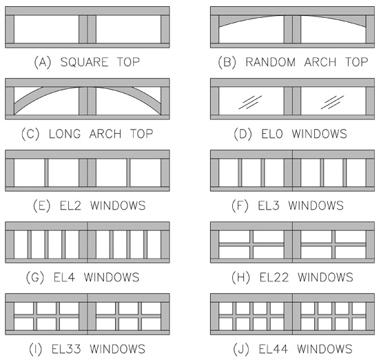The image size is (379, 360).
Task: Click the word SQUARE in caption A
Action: click(x=84, y=62)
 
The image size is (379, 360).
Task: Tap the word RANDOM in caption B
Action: click(x=271, y=62)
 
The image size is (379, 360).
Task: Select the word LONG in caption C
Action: click(x=65, y=134)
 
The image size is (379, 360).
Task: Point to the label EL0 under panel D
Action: click(x=272, y=134)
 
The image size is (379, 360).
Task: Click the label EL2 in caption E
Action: click(x=70, y=206)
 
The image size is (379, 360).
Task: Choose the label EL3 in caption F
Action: click(x=269, y=206)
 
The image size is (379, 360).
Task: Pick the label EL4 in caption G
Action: click(x=64, y=277)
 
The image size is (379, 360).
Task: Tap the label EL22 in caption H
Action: click(x=274, y=277)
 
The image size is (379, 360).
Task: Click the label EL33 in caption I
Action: click(x=66, y=349)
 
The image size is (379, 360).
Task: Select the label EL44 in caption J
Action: click(x=273, y=349)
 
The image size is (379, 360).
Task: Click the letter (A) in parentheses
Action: click(x=43, y=62)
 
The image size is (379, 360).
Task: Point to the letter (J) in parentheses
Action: click(x=240, y=349)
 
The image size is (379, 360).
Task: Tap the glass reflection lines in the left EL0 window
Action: click(x=250, y=102)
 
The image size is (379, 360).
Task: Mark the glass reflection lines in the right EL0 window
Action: click(x=332, y=102)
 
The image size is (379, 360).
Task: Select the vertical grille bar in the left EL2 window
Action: click(x=46, y=172)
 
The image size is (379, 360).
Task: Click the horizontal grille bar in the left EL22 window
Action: click(x=252, y=245)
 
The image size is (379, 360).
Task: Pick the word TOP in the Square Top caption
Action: click(x=128, y=62)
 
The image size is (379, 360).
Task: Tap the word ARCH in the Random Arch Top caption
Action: click(x=320, y=62)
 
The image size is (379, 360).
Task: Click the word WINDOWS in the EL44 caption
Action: click(x=325, y=349)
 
